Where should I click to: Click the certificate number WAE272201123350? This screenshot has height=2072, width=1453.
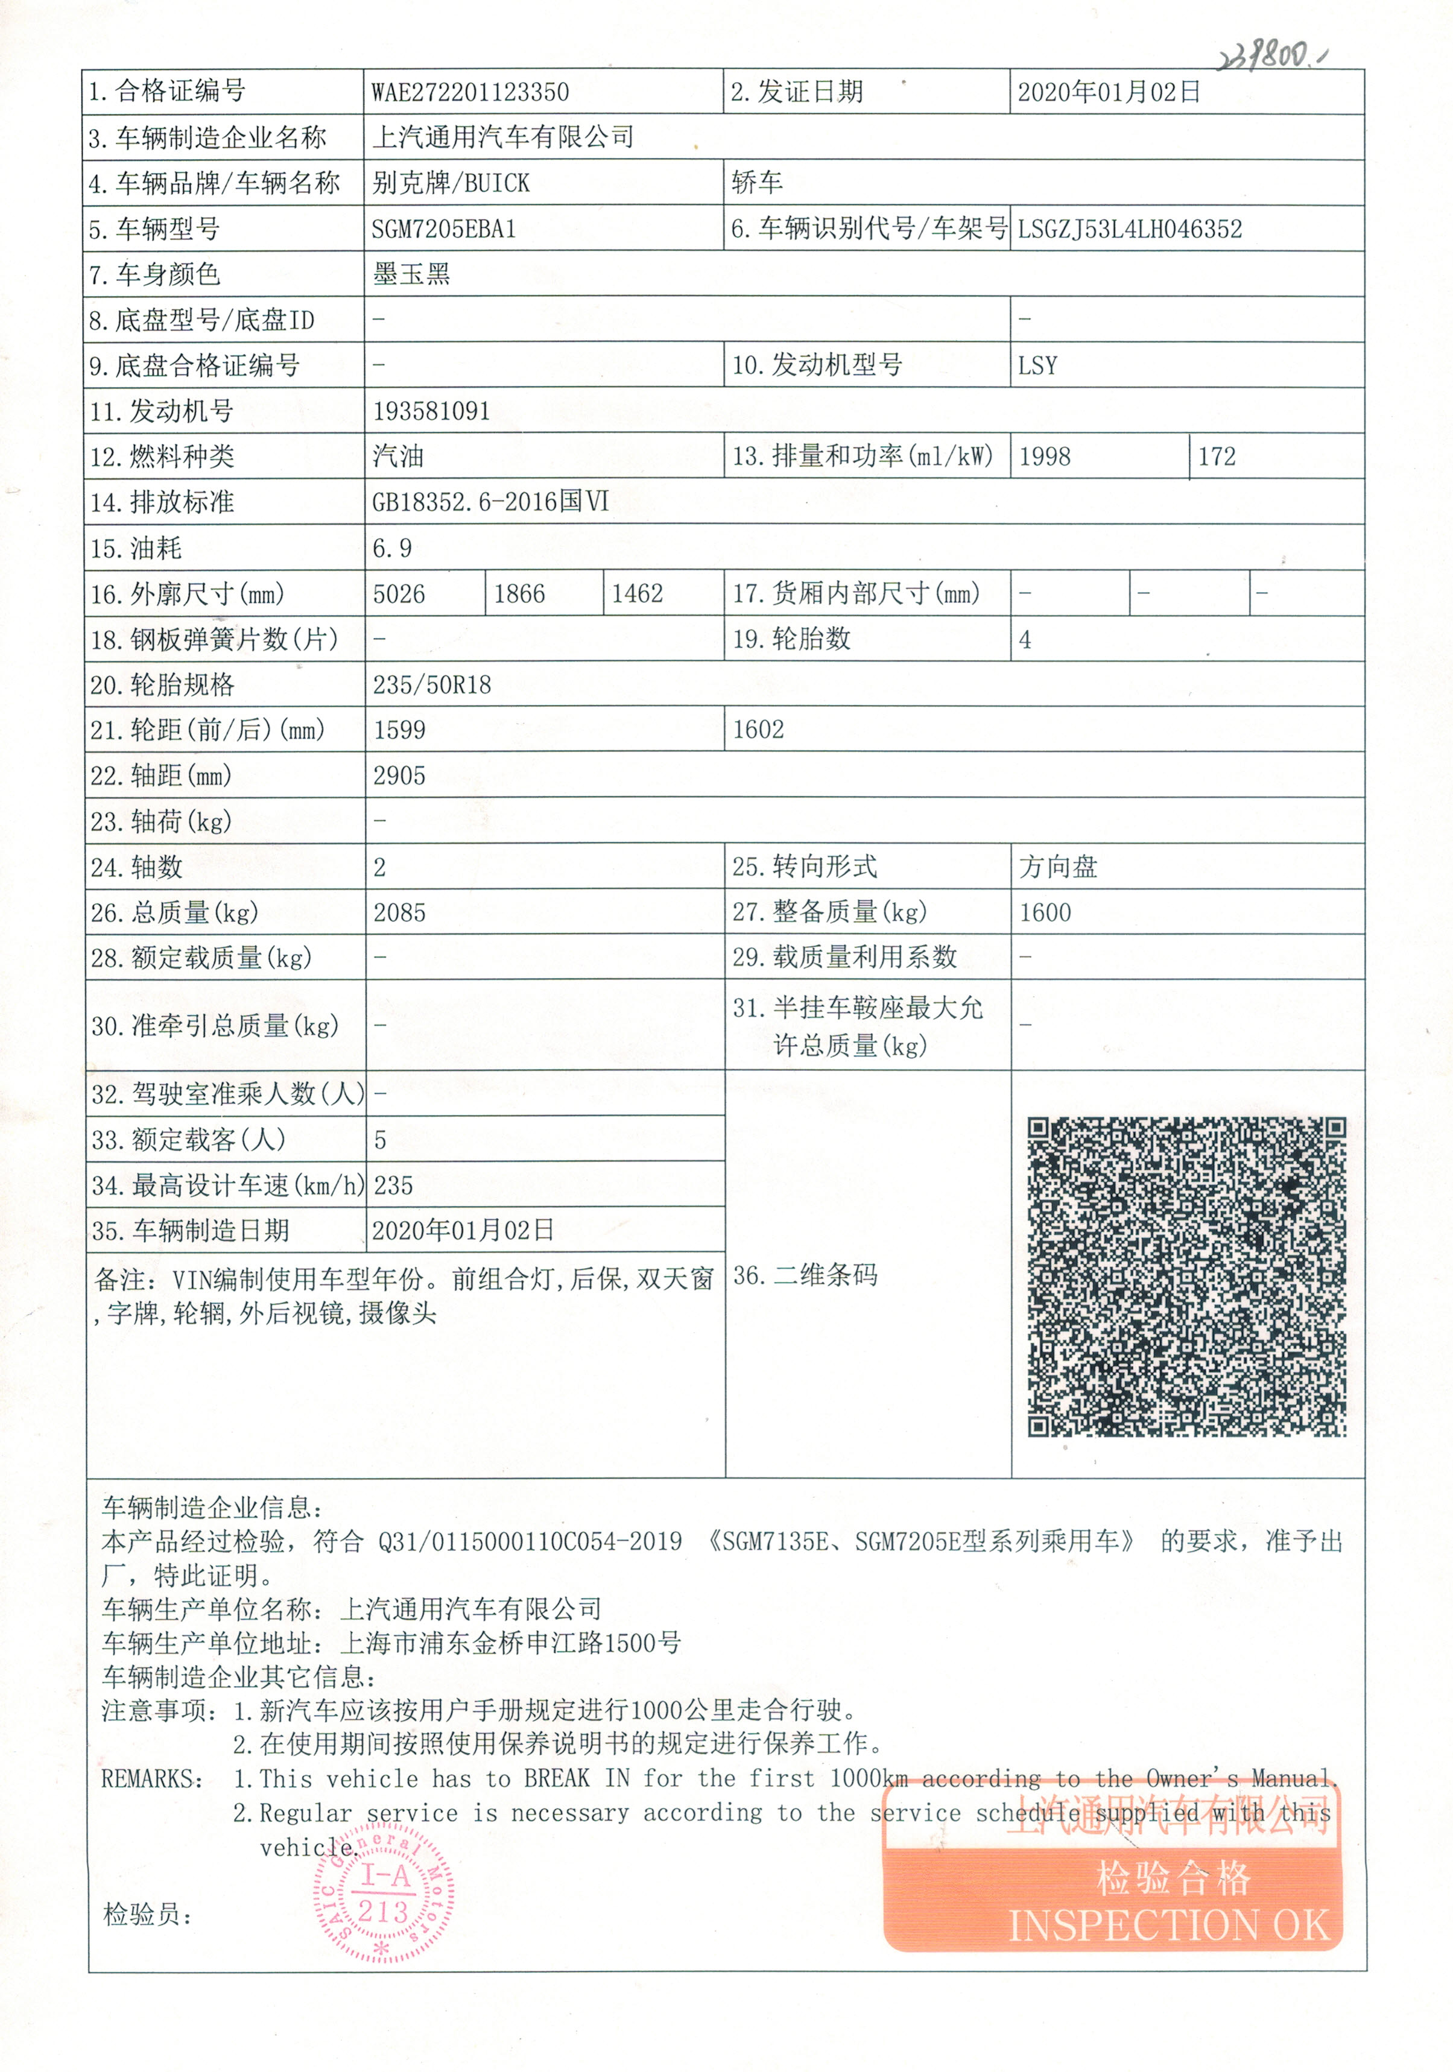click(469, 92)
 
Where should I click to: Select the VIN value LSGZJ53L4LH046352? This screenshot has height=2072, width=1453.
click(1129, 229)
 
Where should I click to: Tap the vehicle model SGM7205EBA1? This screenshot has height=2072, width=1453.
click(443, 229)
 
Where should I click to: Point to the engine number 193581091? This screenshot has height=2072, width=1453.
click(431, 411)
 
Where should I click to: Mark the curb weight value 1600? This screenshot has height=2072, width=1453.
click(1045, 913)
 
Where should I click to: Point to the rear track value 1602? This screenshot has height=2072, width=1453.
click(758, 730)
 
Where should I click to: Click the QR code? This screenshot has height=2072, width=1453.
click(1186, 1276)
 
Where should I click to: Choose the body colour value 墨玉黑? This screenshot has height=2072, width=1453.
click(411, 274)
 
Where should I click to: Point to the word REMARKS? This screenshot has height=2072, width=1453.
click(151, 1779)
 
